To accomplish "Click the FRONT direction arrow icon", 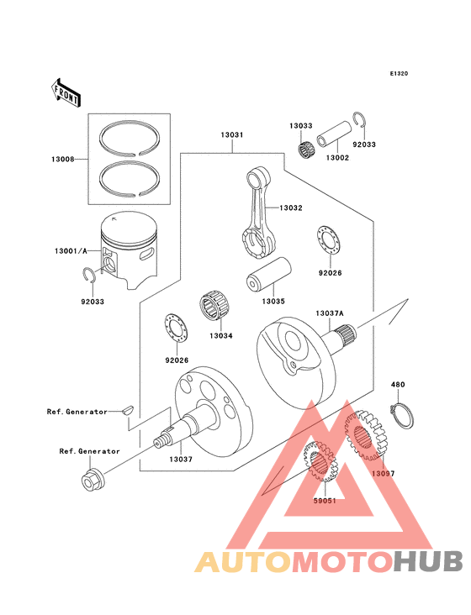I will click(x=66, y=92).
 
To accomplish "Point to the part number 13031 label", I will click(x=232, y=135).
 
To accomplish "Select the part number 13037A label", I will click(x=331, y=313).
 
